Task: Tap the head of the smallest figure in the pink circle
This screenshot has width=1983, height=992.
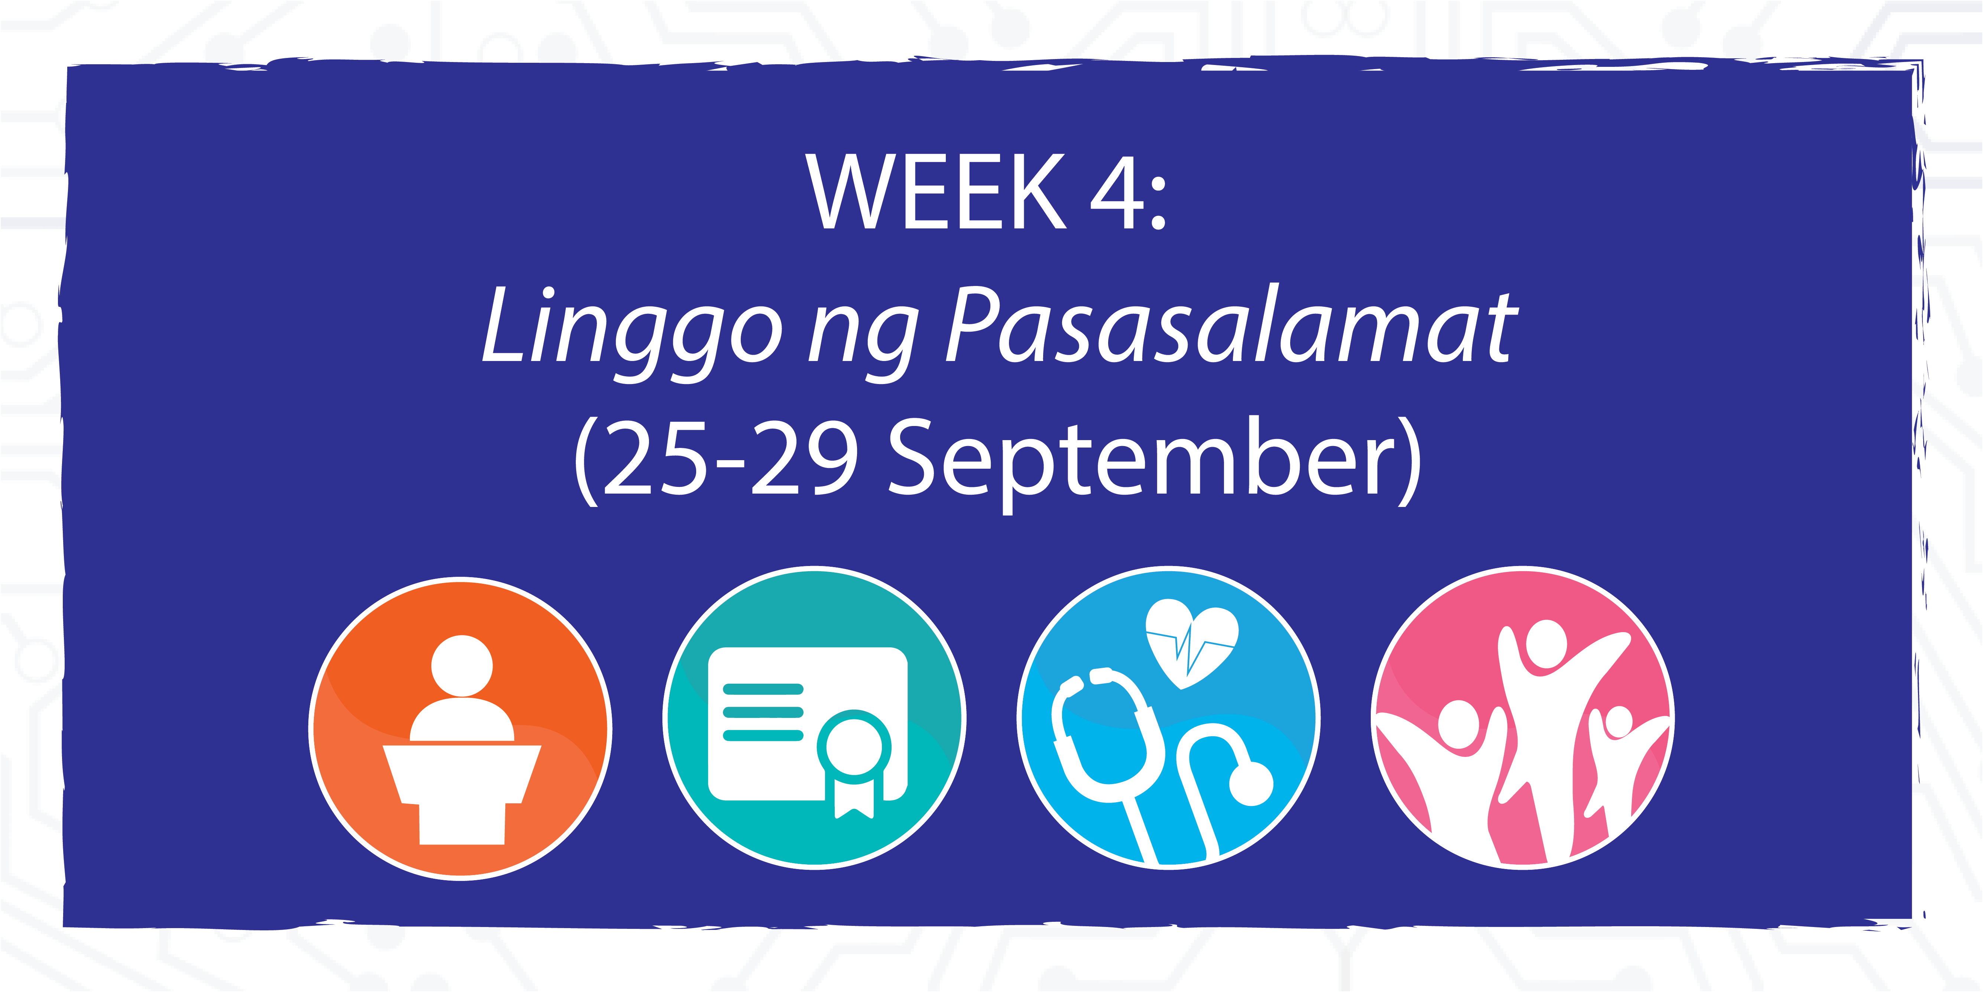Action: click(x=1619, y=722)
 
